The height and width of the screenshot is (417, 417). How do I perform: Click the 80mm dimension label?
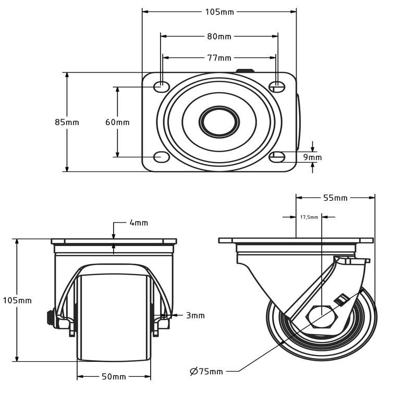click(x=219, y=36)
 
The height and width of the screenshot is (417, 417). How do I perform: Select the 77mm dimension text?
click(x=219, y=58)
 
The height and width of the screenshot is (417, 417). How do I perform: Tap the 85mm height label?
click(x=67, y=122)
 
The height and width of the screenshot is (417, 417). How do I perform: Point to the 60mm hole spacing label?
click(x=117, y=122)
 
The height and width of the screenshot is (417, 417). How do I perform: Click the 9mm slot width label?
click(x=312, y=157)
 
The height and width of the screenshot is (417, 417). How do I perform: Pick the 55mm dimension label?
click(x=335, y=198)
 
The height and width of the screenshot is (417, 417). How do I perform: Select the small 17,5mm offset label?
click(x=309, y=217)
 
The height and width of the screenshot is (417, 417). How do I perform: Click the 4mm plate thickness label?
click(x=139, y=223)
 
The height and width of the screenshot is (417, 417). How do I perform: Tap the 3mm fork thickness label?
click(x=195, y=315)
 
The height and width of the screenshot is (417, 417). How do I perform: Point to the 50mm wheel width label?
click(x=114, y=376)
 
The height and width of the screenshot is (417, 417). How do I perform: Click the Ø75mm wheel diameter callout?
click(x=206, y=371)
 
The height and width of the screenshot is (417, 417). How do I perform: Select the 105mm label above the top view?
click(x=219, y=12)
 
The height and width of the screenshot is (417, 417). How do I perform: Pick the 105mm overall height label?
click(x=17, y=301)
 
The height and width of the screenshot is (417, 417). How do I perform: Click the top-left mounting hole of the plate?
click(x=162, y=87)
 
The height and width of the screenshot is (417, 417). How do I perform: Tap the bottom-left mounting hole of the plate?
click(x=162, y=157)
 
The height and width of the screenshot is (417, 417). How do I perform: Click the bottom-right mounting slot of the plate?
click(x=277, y=157)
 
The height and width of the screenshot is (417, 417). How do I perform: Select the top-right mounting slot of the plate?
click(x=277, y=87)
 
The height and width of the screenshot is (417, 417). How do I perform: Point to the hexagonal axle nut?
click(x=322, y=317)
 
